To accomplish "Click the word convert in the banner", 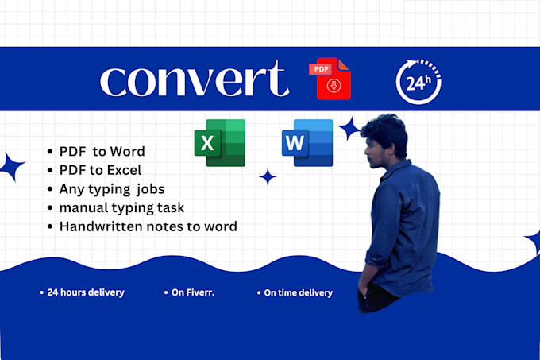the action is pyautogui.click(x=195, y=79).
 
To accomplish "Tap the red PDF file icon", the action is pyautogui.click(x=330, y=79).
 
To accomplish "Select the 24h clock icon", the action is pyautogui.click(x=418, y=82).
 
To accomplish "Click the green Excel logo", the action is pyautogui.click(x=220, y=142).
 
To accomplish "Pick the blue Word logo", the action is pyautogui.click(x=307, y=142).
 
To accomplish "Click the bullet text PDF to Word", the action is pyautogui.click(x=102, y=152).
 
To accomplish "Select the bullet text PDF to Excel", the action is pyautogui.click(x=100, y=170).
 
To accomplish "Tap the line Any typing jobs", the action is pyautogui.click(x=112, y=189).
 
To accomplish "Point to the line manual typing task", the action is pyautogui.click(x=121, y=208).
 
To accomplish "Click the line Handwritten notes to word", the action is pyautogui.click(x=148, y=226).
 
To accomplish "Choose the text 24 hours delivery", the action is pyautogui.click(x=86, y=292).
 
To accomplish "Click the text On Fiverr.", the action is pyautogui.click(x=193, y=292).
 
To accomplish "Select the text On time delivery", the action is pyautogui.click(x=299, y=292).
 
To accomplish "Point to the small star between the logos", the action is pyautogui.click(x=268, y=176).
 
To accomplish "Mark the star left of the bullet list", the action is pyautogui.click(x=12, y=166).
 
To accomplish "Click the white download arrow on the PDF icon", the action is pyautogui.click(x=334, y=86).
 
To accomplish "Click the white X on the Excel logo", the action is pyautogui.click(x=207, y=142).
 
